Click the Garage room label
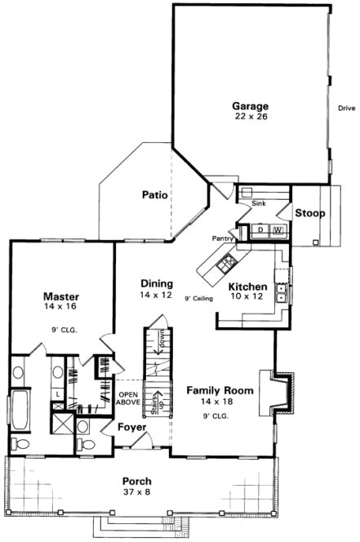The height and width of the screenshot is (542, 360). coord(250,106)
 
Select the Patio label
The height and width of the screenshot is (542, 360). coord(154,194)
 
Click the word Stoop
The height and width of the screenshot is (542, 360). coord(310,214)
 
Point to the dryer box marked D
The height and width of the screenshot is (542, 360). coord(260,231)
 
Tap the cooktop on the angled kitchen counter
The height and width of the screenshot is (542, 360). coord(226,261)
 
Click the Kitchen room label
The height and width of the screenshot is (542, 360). coord(247,287)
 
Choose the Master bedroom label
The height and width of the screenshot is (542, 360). coord(60,296)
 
